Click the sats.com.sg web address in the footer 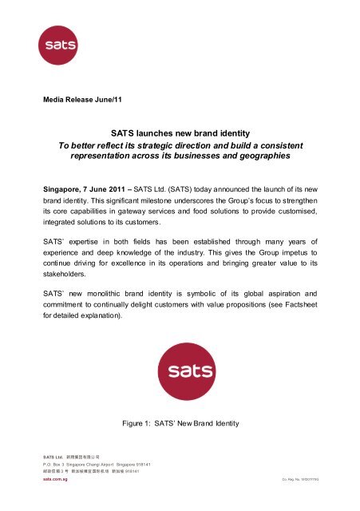[56, 501]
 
